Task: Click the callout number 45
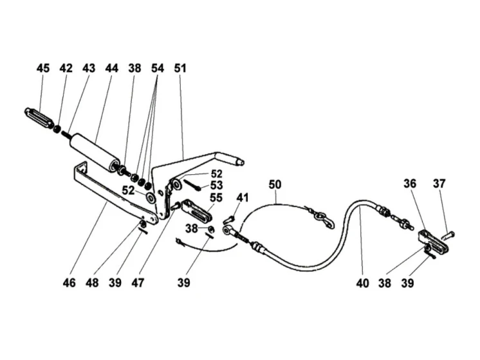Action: tap(43, 68)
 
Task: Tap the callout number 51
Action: tap(180, 68)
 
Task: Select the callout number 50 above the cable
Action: tap(275, 184)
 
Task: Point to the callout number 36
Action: tap(410, 184)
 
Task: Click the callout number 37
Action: tap(439, 184)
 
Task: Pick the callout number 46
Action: tap(69, 283)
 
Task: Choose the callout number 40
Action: tap(362, 283)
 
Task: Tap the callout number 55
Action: tap(216, 198)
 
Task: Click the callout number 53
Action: tap(216, 186)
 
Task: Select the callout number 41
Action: tap(242, 198)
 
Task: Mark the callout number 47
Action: tap(138, 283)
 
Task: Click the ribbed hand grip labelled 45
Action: tap(38, 118)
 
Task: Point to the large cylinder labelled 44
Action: tap(95, 152)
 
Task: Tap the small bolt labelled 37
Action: tap(448, 235)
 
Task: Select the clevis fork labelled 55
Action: tap(196, 210)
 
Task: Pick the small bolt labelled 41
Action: tap(229, 219)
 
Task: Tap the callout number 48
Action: tap(92, 283)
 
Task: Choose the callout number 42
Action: tap(66, 68)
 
